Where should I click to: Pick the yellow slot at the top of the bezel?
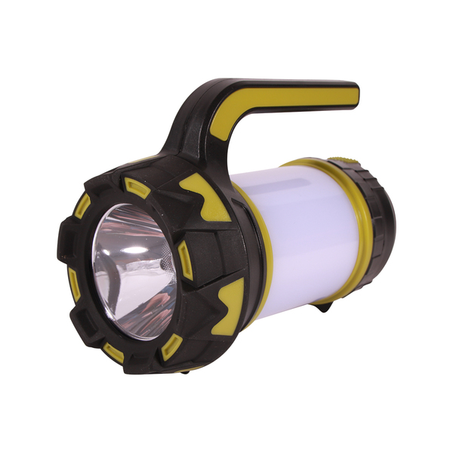coord(136,185)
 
